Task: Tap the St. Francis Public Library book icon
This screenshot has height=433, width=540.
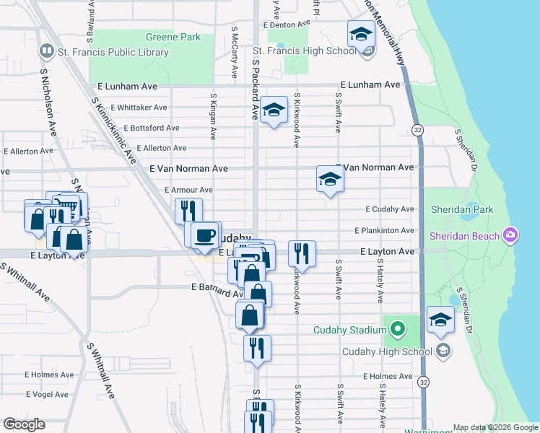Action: coord(46,51)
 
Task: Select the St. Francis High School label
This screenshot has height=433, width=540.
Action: coord(303,51)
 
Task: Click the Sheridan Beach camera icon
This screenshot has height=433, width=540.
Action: coord(510,235)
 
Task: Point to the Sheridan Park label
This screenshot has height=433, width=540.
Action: coord(461,209)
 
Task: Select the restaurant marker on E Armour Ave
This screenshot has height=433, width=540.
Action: coord(188,211)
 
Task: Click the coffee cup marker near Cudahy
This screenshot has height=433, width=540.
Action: coord(205,235)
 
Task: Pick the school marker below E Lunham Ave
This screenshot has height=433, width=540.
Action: coord(274,110)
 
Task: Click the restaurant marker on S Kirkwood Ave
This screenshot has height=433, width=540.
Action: coord(301,253)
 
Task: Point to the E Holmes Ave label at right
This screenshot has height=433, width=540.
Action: coord(388,377)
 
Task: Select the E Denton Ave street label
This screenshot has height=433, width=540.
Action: coord(287,24)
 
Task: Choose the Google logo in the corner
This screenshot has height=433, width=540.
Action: coord(24,425)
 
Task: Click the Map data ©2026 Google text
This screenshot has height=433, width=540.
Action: coord(495,427)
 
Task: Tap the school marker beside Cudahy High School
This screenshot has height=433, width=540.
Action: coord(440,320)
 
